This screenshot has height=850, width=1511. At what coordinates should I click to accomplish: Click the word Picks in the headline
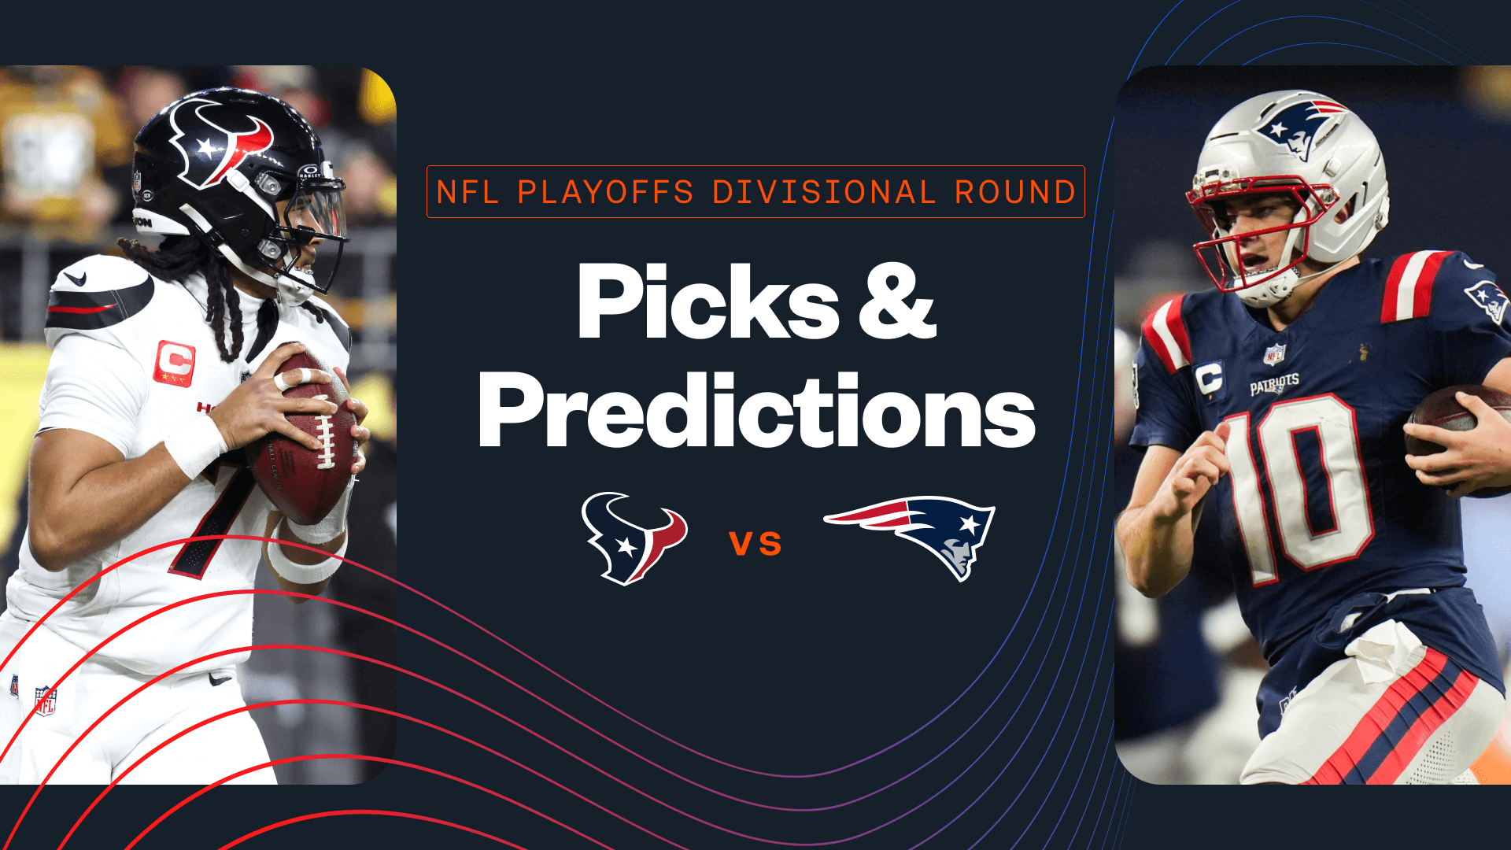(707, 302)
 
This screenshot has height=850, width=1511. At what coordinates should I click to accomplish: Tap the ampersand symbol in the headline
(896, 302)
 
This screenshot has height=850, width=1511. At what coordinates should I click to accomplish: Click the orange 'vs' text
(755, 543)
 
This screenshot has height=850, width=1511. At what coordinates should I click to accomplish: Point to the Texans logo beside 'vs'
(634, 538)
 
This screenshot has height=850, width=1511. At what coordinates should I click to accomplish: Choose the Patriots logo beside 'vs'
(913, 535)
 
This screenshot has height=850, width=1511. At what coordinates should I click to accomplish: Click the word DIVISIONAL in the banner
(823, 192)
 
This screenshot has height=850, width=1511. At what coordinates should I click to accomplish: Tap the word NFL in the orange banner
(467, 192)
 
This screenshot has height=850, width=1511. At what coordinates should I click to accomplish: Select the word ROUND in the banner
(1015, 192)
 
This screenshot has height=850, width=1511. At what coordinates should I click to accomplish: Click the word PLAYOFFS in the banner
(605, 192)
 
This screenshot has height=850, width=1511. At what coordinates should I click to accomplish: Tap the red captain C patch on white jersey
(175, 363)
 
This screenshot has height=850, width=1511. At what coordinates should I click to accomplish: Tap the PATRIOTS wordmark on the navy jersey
(1274, 384)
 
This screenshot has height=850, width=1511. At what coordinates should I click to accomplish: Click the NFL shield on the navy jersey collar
(1274, 354)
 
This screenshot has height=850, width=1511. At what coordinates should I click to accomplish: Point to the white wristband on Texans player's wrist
(195, 446)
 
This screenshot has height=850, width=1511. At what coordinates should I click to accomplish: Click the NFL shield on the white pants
(46, 700)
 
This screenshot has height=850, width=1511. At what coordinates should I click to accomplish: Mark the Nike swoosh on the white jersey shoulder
(74, 278)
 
